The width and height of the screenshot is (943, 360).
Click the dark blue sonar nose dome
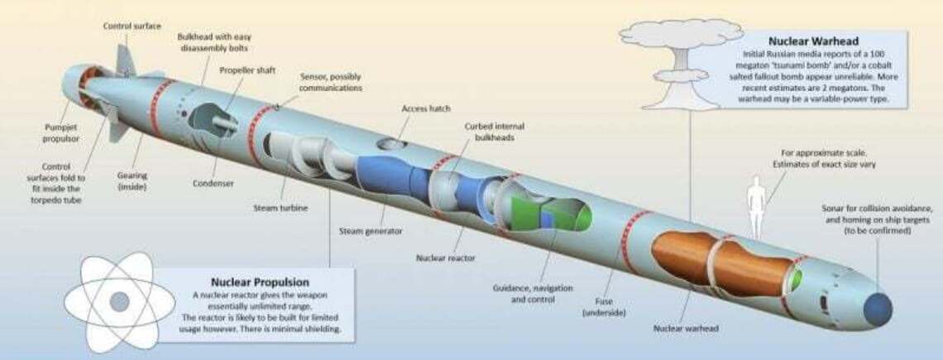(x=878, y=308)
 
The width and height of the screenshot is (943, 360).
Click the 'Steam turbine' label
(x=275, y=208)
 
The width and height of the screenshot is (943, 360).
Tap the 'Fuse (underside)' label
(x=602, y=307)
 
